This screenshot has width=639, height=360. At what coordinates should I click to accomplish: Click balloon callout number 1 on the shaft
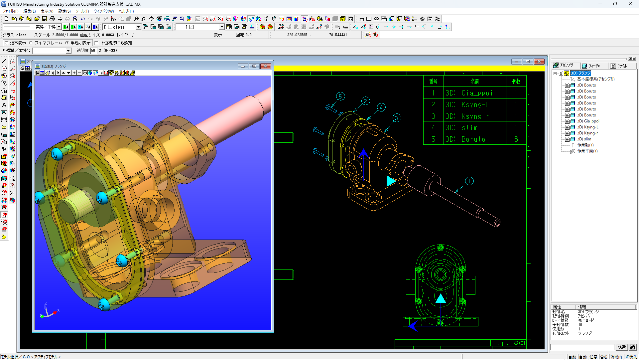[x=469, y=181]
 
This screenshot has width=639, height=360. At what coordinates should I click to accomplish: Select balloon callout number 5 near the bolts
[x=340, y=96]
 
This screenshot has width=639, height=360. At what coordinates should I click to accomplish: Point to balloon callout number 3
[x=396, y=118]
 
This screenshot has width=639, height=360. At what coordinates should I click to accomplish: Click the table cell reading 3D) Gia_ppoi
[x=474, y=93]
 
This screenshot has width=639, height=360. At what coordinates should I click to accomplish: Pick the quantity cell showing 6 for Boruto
[x=516, y=139]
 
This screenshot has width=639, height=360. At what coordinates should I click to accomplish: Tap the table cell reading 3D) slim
[x=474, y=128]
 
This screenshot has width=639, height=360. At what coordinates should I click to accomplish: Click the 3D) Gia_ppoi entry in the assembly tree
[x=588, y=121]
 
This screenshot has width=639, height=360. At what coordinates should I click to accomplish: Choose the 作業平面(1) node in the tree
[x=587, y=151]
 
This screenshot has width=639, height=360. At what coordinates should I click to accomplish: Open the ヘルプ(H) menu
[x=126, y=11]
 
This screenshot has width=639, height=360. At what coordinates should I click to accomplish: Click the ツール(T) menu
[x=82, y=11]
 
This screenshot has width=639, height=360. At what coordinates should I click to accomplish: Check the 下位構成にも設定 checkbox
[x=96, y=43]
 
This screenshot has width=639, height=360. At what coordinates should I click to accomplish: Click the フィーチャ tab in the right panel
[x=594, y=66]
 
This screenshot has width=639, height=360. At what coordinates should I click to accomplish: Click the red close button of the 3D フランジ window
[x=265, y=66]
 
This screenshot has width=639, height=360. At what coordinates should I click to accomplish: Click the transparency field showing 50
[x=93, y=51]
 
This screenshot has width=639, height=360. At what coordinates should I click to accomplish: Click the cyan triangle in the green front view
[x=441, y=298]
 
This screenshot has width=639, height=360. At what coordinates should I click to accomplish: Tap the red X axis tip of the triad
[x=55, y=313]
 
